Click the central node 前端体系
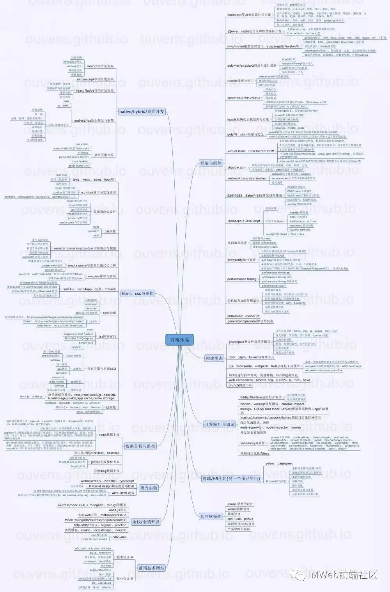tap(179, 340)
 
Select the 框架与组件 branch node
tap(211, 163)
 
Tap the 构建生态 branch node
tap(214, 358)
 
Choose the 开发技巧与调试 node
tap(220, 424)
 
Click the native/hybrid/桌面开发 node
tap(142, 111)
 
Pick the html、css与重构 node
tap(138, 293)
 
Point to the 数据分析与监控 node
tap(140, 446)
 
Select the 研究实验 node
tap(149, 488)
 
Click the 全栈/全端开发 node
tap(146, 522)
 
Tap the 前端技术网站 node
tap(152, 568)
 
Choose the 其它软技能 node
tap(211, 516)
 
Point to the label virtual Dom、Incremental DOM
tap(251, 151)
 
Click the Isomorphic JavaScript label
tap(244, 221)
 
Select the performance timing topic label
tap(242, 279)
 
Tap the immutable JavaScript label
tap(243, 316)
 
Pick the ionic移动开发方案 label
tap(100, 66)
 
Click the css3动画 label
tap(109, 313)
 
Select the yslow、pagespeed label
tap(279, 464)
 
